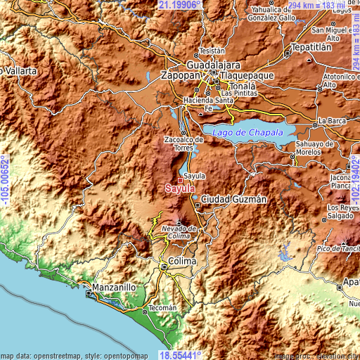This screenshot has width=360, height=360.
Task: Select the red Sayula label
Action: tap(177, 188)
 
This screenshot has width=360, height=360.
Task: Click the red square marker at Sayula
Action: tap(181, 181)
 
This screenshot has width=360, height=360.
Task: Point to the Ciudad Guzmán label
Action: tap(234, 200)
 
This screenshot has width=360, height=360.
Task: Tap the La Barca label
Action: tap(332, 121)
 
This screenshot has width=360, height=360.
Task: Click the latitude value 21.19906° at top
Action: tap(180, 5)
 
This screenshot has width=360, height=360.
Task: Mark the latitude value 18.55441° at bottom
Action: tap(180, 355)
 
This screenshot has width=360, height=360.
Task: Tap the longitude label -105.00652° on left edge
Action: tap(5, 180)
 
